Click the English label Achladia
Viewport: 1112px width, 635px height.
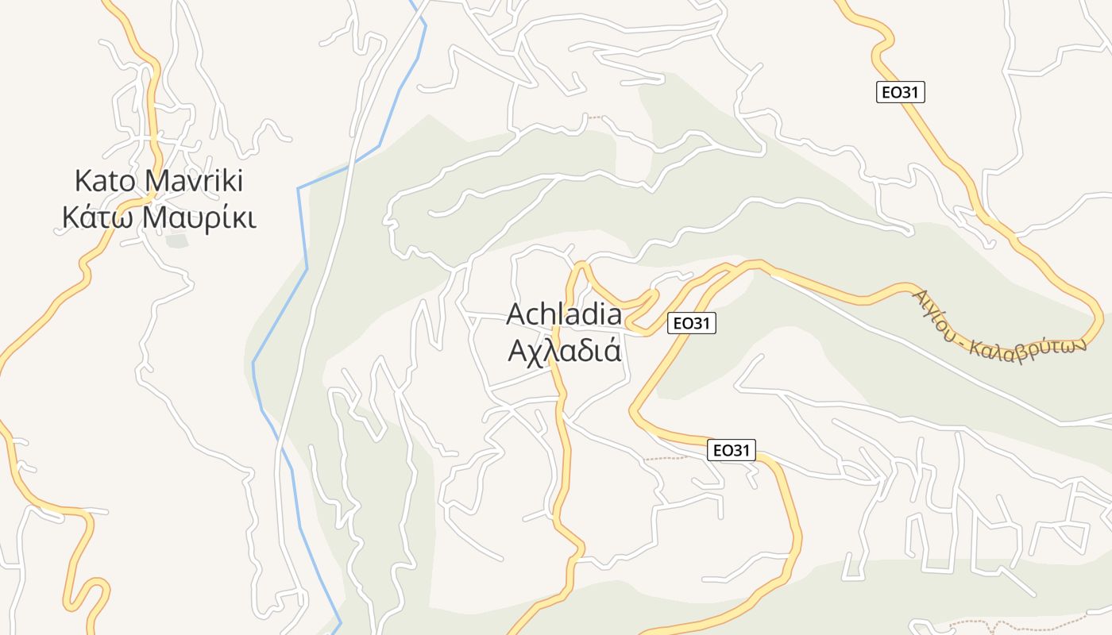click(564, 314)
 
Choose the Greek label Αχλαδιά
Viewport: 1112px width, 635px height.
click(564, 349)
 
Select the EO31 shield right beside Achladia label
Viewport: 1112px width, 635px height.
click(691, 323)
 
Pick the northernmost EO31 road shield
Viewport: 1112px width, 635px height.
click(901, 92)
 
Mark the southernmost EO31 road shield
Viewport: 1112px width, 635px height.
click(731, 451)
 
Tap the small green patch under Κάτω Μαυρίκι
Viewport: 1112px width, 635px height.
click(176, 240)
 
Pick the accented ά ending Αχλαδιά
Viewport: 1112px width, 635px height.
click(611, 349)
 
